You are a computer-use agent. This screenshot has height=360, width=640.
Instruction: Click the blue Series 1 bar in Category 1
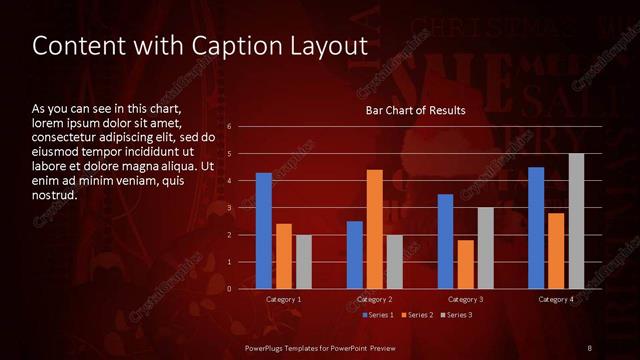(264, 231)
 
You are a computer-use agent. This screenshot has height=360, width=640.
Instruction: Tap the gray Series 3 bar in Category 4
(576, 221)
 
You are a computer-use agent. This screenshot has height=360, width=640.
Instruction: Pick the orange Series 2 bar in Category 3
(466, 264)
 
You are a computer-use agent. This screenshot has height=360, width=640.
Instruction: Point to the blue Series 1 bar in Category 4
(536, 228)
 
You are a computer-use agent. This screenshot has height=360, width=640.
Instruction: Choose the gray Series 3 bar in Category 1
(303, 262)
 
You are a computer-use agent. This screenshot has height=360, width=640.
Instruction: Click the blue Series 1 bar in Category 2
(355, 255)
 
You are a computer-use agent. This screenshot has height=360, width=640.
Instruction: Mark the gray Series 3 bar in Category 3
(485, 248)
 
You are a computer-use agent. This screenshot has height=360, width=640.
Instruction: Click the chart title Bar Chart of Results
(415, 110)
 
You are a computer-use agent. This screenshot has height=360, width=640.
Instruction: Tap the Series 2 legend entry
(416, 315)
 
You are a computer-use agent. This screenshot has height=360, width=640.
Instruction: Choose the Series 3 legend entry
(456, 315)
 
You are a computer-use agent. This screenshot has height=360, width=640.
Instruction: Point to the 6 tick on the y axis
(230, 127)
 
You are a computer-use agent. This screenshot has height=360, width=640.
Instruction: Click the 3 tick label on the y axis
(230, 208)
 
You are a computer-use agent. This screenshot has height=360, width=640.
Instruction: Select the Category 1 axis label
(283, 299)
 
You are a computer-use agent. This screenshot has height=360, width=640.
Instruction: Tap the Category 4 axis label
(556, 299)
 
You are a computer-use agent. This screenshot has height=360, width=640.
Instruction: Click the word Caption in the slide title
(221, 46)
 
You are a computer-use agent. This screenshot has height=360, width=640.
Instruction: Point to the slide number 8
(589, 347)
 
